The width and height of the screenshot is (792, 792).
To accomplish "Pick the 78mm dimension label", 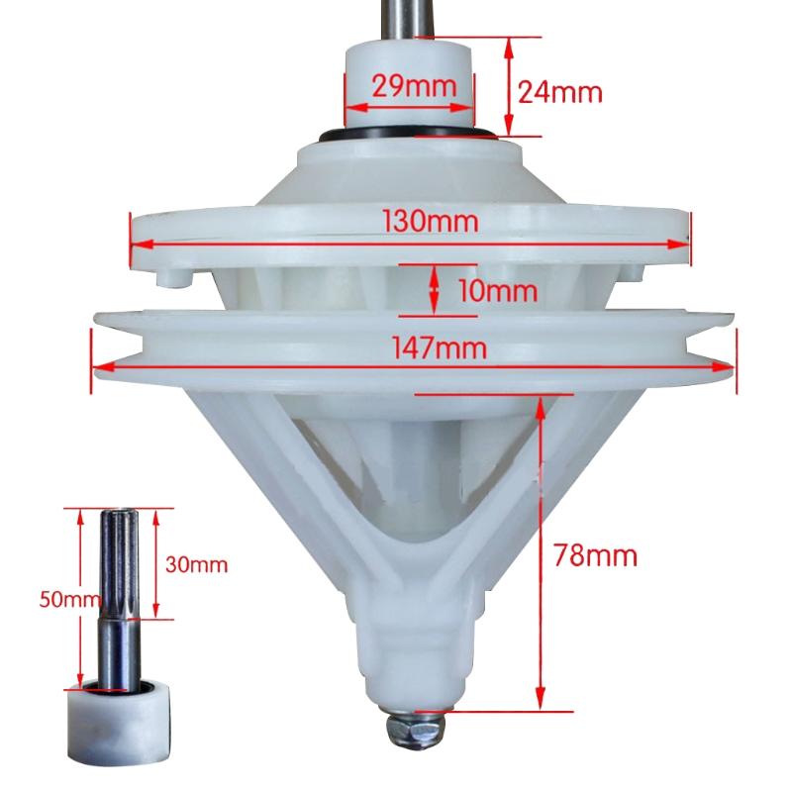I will [596, 554].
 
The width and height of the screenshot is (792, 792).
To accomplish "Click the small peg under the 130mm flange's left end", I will [173, 269].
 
